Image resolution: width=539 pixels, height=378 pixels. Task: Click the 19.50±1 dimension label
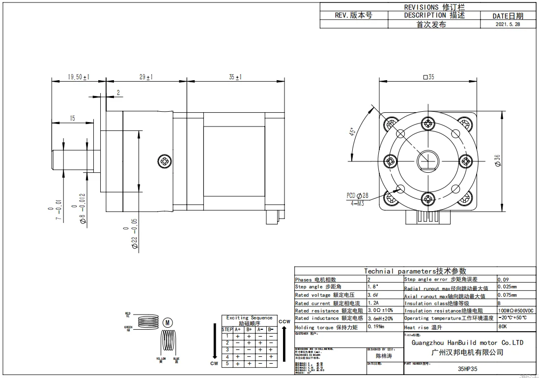point(79,77)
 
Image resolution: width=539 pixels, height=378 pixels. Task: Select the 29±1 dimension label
point(146,77)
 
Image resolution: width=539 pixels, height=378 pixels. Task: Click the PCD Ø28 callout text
point(357,195)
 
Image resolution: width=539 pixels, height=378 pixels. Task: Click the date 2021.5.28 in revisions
point(508,24)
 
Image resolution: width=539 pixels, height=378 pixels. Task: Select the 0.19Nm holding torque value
point(377,327)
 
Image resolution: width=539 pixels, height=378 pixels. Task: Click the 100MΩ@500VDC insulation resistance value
point(515,311)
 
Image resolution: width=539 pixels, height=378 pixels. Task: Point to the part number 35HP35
point(467,368)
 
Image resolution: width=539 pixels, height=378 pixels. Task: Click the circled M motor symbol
point(168,323)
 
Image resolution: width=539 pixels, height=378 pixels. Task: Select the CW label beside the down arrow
point(214,364)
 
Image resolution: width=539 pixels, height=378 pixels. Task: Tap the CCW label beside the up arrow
point(284,321)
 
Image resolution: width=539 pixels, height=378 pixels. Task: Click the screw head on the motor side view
point(165,160)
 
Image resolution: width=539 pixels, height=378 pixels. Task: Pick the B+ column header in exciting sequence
point(249,329)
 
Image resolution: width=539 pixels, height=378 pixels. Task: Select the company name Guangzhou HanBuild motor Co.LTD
point(467,343)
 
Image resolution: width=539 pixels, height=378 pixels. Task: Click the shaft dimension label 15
point(72,118)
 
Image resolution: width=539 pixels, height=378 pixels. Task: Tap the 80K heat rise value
point(503,326)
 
